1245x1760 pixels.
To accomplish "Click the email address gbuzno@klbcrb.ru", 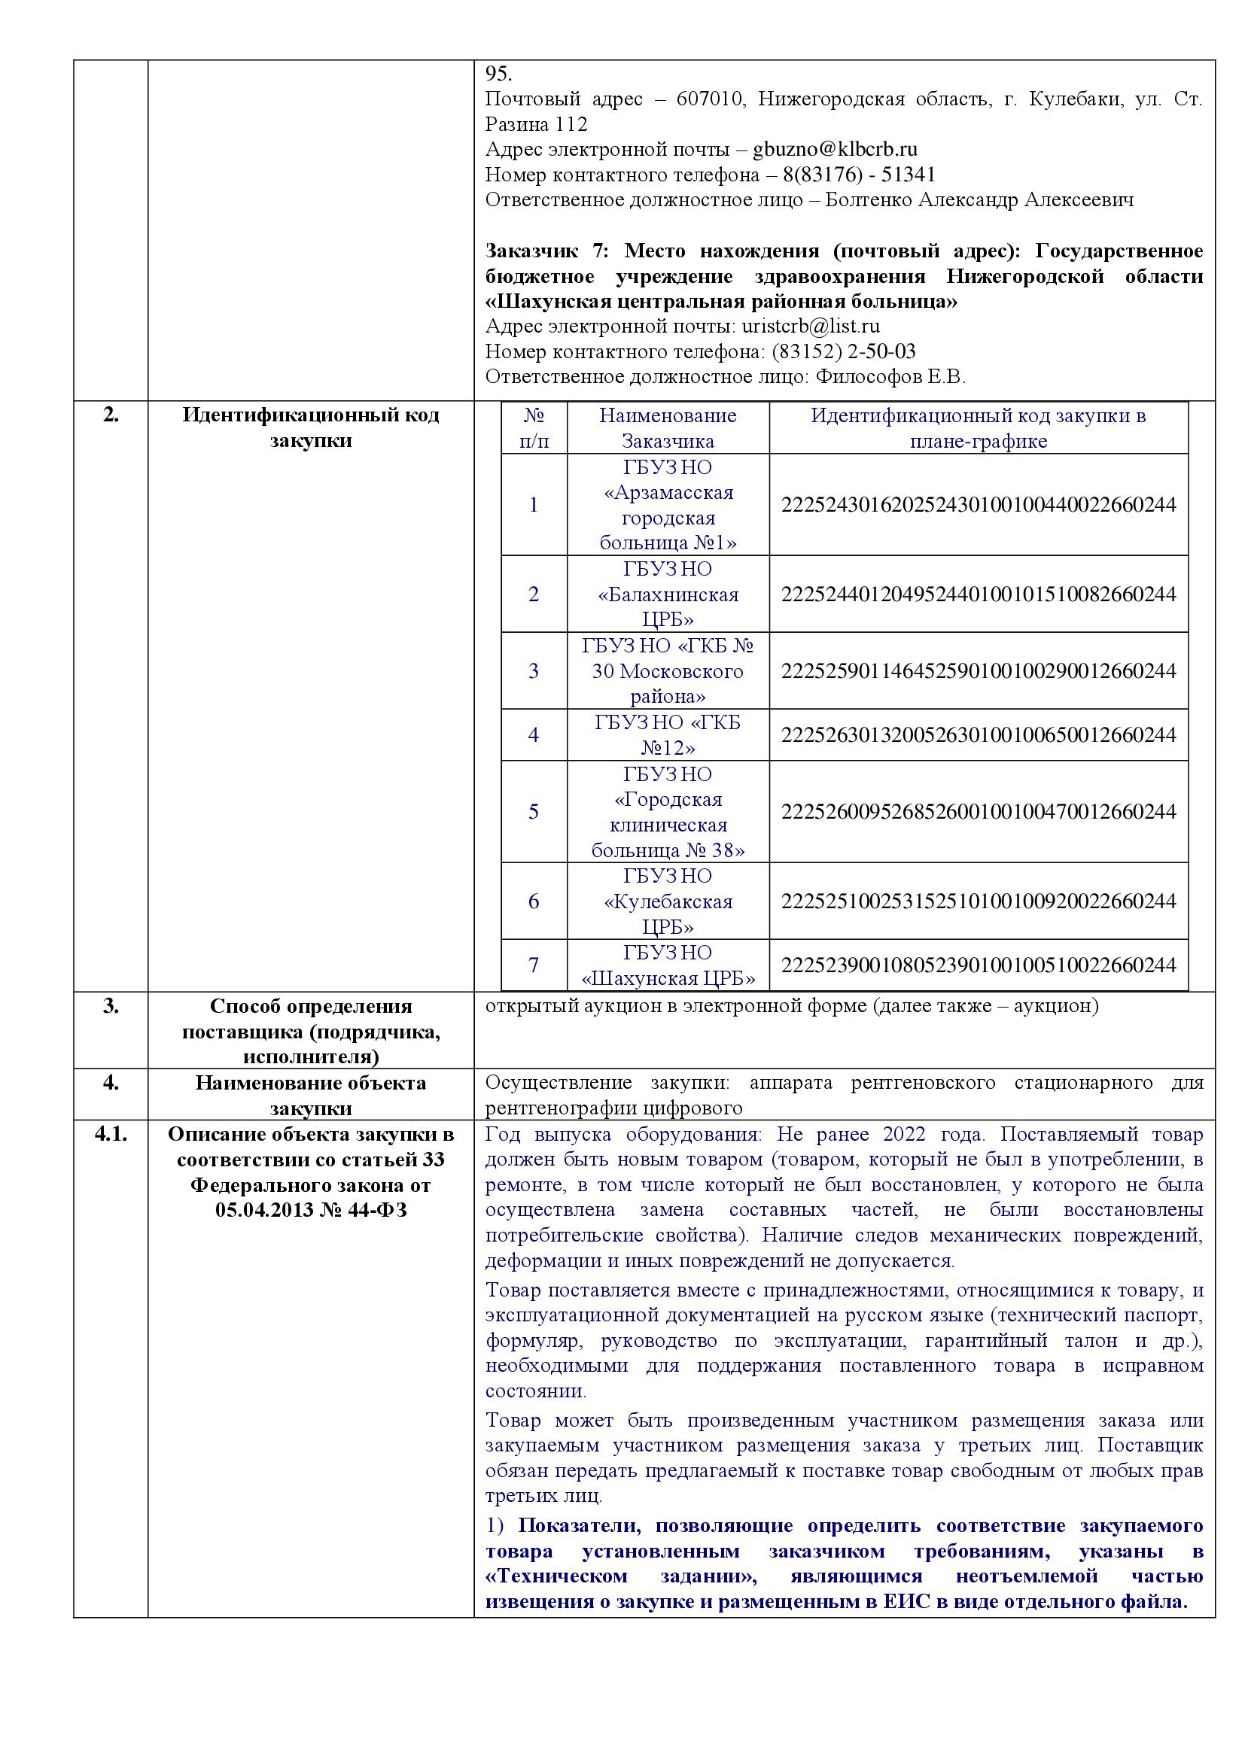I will (x=835, y=150).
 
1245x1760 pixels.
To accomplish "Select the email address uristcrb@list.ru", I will (x=811, y=327).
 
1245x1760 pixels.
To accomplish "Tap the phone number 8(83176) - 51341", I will (x=859, y=175).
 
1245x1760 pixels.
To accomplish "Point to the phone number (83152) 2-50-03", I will (x=843, y=352).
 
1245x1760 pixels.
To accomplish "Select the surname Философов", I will (x=868, y=377).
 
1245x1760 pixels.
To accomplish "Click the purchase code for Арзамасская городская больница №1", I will (x=979, y=504).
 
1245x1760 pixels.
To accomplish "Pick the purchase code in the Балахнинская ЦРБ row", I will (x=979, y=594).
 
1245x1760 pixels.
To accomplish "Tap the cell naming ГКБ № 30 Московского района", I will (x=668, y=670).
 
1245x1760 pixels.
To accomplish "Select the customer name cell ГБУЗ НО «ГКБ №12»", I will (x=668, y=735).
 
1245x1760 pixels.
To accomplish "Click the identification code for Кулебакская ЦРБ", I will (x=979, y=901).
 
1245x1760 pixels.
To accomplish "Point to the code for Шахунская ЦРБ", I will (x=979, y=965).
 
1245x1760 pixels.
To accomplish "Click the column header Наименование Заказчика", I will (x=668, y=427).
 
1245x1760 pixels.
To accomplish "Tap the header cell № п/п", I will (x=534, y=427).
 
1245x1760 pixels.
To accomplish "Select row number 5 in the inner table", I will (x=534, y=812).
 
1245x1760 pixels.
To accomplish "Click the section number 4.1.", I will (x=111, y=1135).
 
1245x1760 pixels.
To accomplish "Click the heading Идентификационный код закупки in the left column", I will (x=310, y=427).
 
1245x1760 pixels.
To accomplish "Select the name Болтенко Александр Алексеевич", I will (x=979, y=200).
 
